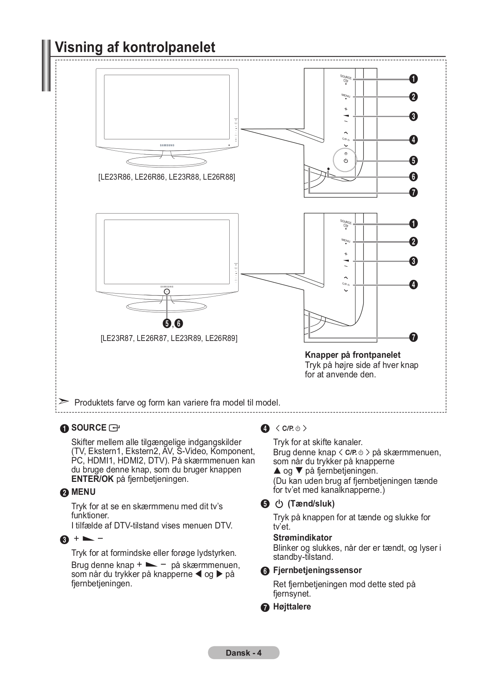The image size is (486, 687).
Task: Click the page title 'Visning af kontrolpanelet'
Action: pyautogui.click(x=135, y=47)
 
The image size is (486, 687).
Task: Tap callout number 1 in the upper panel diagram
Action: pyautogui.click(x=413, y=79)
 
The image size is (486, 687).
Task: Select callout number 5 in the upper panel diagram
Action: pyautogui.click(x=413, y=160)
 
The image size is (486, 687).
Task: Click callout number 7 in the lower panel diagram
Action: pyautogui.click(x=413, y=337)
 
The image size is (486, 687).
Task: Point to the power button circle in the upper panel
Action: pyautogui.click(x=345, y=160)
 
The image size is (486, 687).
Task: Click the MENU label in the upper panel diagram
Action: pyautogui.click(x=346, y=96)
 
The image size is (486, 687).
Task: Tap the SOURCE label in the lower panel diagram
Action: pyautogui.click(x=346, y=222)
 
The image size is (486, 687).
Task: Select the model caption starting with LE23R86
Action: pyautogui.click(x=167, y=177)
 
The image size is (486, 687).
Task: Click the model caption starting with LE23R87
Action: pyautogui.click(x=169, y=338)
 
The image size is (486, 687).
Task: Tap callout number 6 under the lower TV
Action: pyautogui.click(x=179, y=324)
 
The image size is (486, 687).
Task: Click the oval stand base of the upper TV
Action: pyautogui.click(x=167, y=161)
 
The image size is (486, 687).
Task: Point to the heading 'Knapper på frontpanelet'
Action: pyautogui.click(x=352, y=355)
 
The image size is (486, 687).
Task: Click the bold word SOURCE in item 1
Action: pyautogui.click(x=89, y=428)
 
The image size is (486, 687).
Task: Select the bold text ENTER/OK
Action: pyautogui.click(x=92, y=479)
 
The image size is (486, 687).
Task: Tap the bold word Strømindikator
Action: pyautogui.click(x=302, y=537)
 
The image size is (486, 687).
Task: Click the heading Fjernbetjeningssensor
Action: pyautogui.click(x=317, y=570)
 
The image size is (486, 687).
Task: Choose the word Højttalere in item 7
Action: pyautogui.click(x=292, y=607)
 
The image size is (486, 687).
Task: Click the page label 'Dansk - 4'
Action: pyautogui.click(x=243, y=653)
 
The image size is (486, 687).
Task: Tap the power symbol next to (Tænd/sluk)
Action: pyautogui.click(x=279, y=504)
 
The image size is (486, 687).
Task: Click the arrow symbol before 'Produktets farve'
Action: pyautogui.click(x=63, y=402)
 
